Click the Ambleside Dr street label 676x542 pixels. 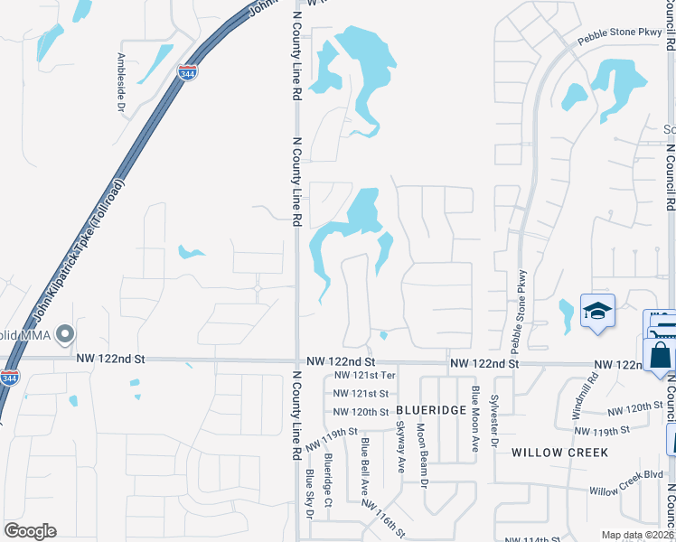click(121, 82)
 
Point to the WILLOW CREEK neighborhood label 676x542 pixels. click(559, 452)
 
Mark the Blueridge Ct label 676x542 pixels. click(330, 480)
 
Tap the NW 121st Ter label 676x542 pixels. click(365, 375)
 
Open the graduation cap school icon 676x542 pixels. click(596, 313)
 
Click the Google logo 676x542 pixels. click(30, 531)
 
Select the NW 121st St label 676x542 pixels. click(361, 393)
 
